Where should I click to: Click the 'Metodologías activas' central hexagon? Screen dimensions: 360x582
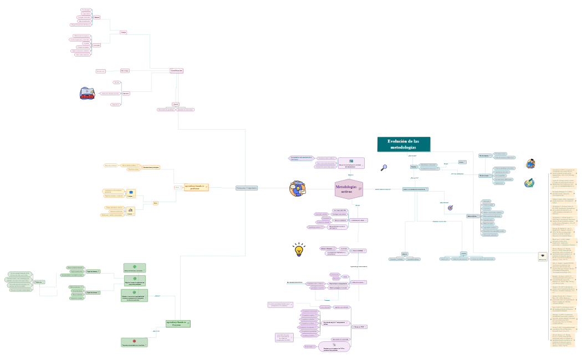[349, 189]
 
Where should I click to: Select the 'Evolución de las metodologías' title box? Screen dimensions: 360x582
[404, 145]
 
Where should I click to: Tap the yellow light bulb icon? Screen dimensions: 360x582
[299, 249]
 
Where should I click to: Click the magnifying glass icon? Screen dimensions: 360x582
[384, 167]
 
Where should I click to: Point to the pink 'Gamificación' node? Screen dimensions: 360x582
[176, 71]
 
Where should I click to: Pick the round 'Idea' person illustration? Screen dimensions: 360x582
[297, 188]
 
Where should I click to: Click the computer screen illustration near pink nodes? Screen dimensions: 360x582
[87, 93]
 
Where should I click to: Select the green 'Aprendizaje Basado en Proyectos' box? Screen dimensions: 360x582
[178, 323]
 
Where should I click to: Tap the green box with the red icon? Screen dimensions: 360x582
[134, 342]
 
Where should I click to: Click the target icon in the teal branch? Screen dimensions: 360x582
[450, 208]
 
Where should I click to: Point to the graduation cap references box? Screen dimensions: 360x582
[542, 256]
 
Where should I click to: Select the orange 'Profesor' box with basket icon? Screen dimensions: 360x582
[131, 193]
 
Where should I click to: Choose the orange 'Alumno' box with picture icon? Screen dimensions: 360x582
[130, 211]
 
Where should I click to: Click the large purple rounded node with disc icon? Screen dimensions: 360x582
[334, 346]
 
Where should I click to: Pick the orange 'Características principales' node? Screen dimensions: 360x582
[151, 167]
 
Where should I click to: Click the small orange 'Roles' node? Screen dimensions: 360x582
[156, 203]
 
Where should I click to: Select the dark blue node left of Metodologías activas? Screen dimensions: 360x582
[247, 188]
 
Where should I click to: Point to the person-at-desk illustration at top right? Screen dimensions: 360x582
[530, 163]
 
